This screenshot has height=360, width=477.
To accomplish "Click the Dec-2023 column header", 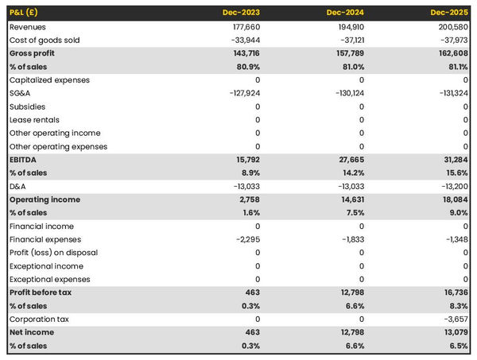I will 242,14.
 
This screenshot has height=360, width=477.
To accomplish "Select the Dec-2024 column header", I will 346,14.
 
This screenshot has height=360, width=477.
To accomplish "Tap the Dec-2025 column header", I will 449,14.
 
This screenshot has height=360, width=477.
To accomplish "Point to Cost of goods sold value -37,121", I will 349,41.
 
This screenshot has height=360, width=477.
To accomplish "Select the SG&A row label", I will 21,93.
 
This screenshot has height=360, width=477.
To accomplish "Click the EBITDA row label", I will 23,160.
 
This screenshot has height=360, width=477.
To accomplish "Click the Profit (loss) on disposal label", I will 53,253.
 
